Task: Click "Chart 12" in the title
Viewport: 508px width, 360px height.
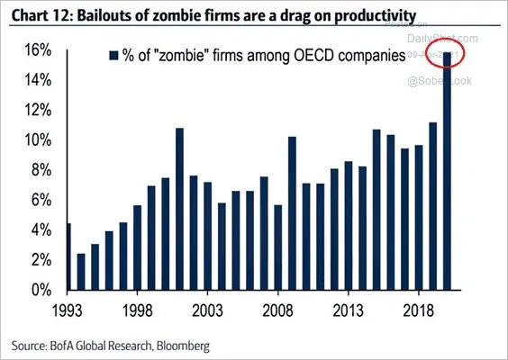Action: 33,15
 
